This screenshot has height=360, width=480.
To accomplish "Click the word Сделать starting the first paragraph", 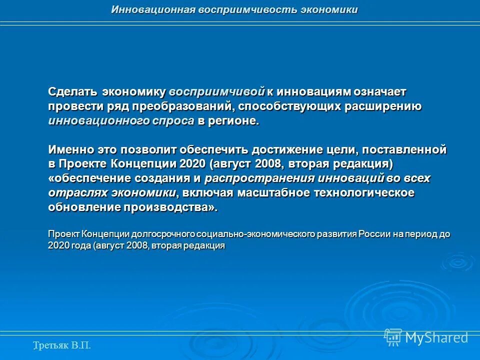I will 73,92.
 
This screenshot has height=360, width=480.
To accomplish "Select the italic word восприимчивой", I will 216,92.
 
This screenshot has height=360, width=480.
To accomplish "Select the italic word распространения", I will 259,178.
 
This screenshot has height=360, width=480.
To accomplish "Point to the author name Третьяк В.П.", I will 62,344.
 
